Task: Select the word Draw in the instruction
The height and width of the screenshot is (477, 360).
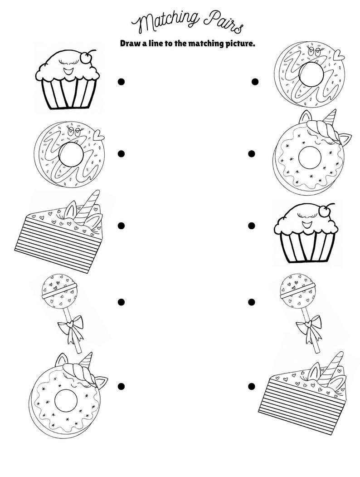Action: tap(130, 44)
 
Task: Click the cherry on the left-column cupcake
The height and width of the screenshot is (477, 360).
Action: tap(85, 56)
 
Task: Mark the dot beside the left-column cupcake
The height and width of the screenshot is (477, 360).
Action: tap(121, 82)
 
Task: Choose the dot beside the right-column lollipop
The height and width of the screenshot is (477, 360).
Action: tap(252, 302)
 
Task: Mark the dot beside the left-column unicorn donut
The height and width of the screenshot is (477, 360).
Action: tap(121, 386)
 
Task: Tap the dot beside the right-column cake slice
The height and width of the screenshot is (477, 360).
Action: tap(252, 386)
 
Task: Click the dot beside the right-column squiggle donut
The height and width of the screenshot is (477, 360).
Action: tap(255, 82)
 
